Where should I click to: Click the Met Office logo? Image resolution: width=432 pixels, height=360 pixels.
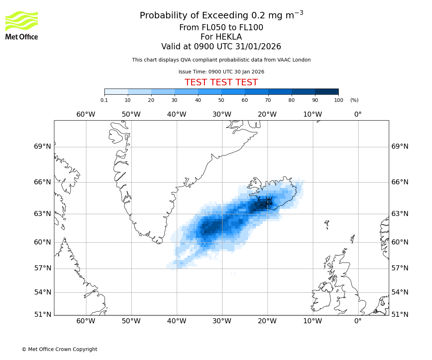coord(22,25)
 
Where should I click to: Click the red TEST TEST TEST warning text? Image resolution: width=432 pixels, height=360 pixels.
coord(221,82)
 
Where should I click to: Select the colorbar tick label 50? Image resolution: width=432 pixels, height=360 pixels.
coord(221,100)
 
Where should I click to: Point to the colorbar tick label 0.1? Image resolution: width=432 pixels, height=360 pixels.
coord(104,100)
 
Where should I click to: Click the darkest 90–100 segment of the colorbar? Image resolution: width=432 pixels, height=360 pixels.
coord(327,91)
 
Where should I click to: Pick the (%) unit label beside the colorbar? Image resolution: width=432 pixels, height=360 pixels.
coord(354,100)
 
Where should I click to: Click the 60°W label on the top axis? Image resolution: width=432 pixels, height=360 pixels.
coord(86,114)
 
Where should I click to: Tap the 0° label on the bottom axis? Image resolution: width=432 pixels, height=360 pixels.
coord(358,321)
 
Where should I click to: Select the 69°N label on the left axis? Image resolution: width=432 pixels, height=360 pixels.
coord(42,147)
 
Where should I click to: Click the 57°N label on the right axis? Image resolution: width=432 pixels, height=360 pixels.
coord(400,268)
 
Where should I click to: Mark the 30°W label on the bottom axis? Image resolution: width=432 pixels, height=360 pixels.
coord(222,321)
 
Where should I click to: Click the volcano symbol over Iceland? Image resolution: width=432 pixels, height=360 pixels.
coord(269,201)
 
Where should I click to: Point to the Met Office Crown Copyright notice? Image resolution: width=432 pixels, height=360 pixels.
coord(59,349)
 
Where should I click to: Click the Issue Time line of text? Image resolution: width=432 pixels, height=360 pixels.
coord(221,72)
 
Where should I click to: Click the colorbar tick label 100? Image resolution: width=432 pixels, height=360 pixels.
coord(338,100)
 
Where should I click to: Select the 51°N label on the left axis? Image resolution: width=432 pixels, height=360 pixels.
coord(42,315)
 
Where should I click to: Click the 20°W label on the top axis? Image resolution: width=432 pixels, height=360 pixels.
coord(267,114)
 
